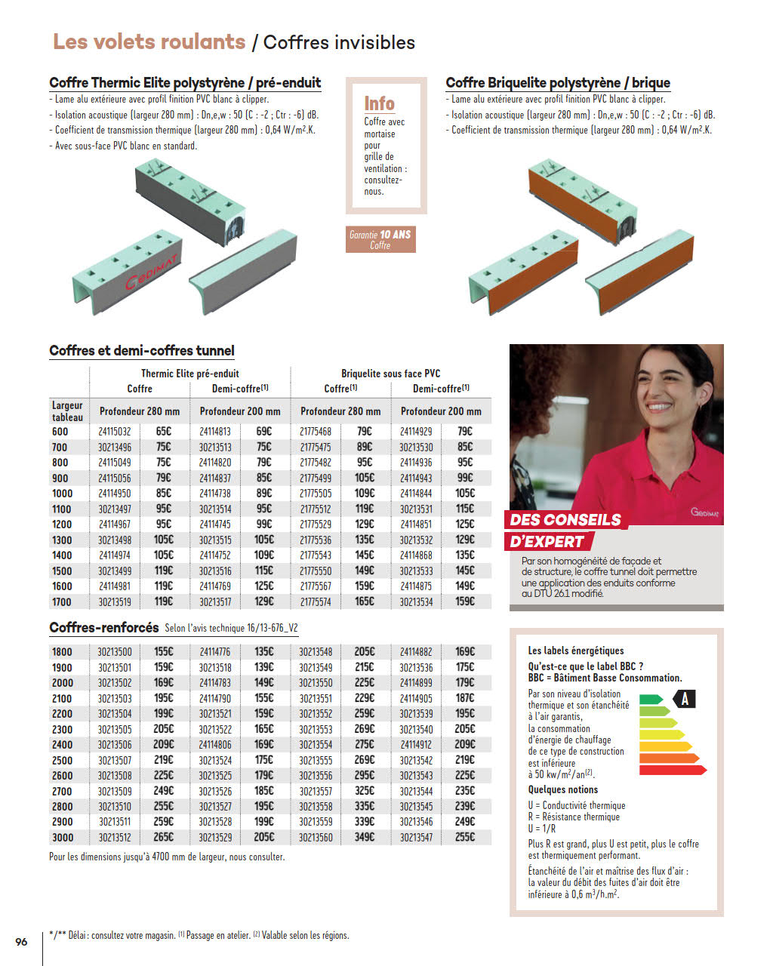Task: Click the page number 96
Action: pos(21,942)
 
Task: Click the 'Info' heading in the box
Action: pos(379,103)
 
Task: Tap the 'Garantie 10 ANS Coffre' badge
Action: pos(380,239)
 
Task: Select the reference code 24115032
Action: pos(114,432)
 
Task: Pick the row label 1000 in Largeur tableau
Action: pos(62,494)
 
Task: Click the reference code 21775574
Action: pos(315,602)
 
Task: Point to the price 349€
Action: pos(365,837)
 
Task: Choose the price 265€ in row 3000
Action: pos(164,837)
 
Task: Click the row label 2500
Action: pos(62,760)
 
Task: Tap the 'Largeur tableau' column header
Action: pos(67,411)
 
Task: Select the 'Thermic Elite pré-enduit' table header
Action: pos(189,374)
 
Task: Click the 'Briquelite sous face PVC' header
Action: pos(390,374)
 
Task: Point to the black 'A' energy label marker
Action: pos(685,699)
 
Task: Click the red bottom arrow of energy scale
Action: pos(673,770)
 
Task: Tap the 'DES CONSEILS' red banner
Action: pos(565,520)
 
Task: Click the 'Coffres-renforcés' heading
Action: pos(104,628)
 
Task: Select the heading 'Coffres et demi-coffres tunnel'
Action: pos(142,351)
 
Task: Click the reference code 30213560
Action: pos(315,838)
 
